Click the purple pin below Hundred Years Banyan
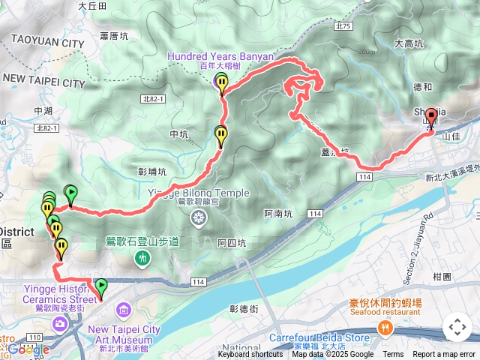[x=220, y=82]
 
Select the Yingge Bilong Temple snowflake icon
[x=198, y=218]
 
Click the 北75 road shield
[x=344, y=26]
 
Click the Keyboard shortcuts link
[x=251, y=355]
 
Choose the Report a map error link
[x=443, y=355]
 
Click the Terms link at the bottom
[x=393, y=355]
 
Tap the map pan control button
[x=457, y=328]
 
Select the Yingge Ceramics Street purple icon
[x=59, y=323]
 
